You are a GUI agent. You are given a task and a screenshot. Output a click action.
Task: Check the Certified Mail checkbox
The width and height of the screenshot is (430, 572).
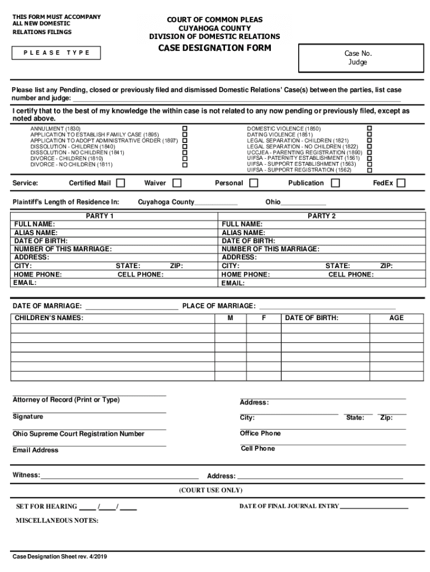coord(121,183)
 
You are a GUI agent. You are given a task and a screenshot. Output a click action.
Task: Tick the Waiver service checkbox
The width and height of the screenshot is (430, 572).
coord(177,183)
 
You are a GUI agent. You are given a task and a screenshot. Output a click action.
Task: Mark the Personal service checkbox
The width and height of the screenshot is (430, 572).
coord(254,183)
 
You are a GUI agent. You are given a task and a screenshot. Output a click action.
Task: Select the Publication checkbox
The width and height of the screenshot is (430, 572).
coord(335,183)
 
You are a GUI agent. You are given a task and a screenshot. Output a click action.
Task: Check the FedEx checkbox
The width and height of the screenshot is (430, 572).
coord(401,183)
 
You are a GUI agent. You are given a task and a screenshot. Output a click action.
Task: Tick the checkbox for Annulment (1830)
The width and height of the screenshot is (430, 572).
coord(185,129)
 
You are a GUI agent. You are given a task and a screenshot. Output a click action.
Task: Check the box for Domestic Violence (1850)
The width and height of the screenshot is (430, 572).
coord(369,129)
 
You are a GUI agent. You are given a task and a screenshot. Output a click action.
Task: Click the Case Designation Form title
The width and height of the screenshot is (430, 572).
coord(214,48)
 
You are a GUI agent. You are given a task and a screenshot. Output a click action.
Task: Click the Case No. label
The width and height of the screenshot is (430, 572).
coord(358,54)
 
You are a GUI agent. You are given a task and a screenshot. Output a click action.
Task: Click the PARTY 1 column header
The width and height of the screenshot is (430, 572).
coord(99,216)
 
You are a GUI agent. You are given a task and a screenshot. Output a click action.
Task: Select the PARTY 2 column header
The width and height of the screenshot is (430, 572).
coord(322,216)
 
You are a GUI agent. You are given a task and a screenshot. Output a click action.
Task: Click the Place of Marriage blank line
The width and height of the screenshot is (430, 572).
coord(327,307)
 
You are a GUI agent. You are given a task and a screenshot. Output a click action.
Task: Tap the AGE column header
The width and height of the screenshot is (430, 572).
coord(396,318)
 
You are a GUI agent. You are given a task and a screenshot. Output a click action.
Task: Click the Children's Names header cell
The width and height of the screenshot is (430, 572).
coord(49,318)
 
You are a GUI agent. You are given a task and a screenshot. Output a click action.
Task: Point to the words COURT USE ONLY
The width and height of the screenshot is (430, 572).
coord(211,490)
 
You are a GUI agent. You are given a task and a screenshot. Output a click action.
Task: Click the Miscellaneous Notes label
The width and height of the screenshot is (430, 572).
coord(57,521)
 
